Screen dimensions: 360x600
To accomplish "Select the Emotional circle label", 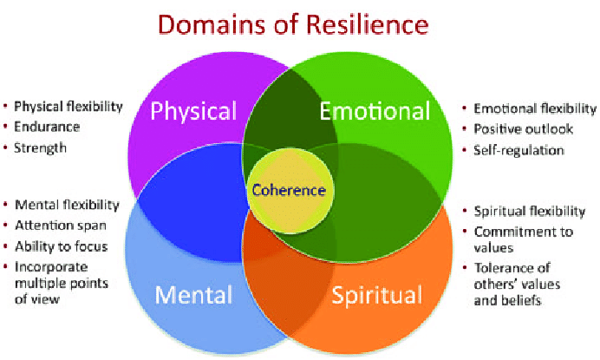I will [x=375, y=111].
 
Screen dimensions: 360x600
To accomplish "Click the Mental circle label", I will [x=192, y=294].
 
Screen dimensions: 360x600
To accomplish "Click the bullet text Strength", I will [x=41, y=147].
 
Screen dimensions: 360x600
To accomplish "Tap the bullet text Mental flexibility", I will [x=66, y=206].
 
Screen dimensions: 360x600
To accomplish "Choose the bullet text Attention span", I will [x=56, y=226].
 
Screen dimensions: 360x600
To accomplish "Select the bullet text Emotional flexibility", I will [x=535, y=108].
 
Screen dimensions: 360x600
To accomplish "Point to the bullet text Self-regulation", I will [x=518, y=149].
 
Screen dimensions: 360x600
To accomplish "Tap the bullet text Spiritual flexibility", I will [x=529, y=211].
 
